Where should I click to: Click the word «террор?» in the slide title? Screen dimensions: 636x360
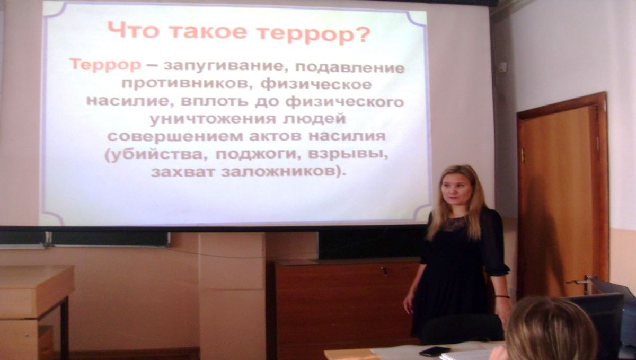click(x=315, y=33)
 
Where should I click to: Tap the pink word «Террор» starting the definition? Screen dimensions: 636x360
click(x=105, y=65)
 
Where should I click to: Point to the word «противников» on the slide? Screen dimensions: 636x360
click(x=184, y=84)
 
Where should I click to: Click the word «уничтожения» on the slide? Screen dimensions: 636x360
click(x=213, y=119)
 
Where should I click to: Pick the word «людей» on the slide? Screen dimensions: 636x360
click(x=314, y=119)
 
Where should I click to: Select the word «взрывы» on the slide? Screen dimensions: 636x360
click(x=348, y=154)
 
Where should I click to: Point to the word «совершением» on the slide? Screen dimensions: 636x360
click(x=175, y=137)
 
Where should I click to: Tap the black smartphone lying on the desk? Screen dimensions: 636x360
click(x=435, y=351)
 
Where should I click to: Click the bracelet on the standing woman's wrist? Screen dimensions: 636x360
click(x=502, y=296)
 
